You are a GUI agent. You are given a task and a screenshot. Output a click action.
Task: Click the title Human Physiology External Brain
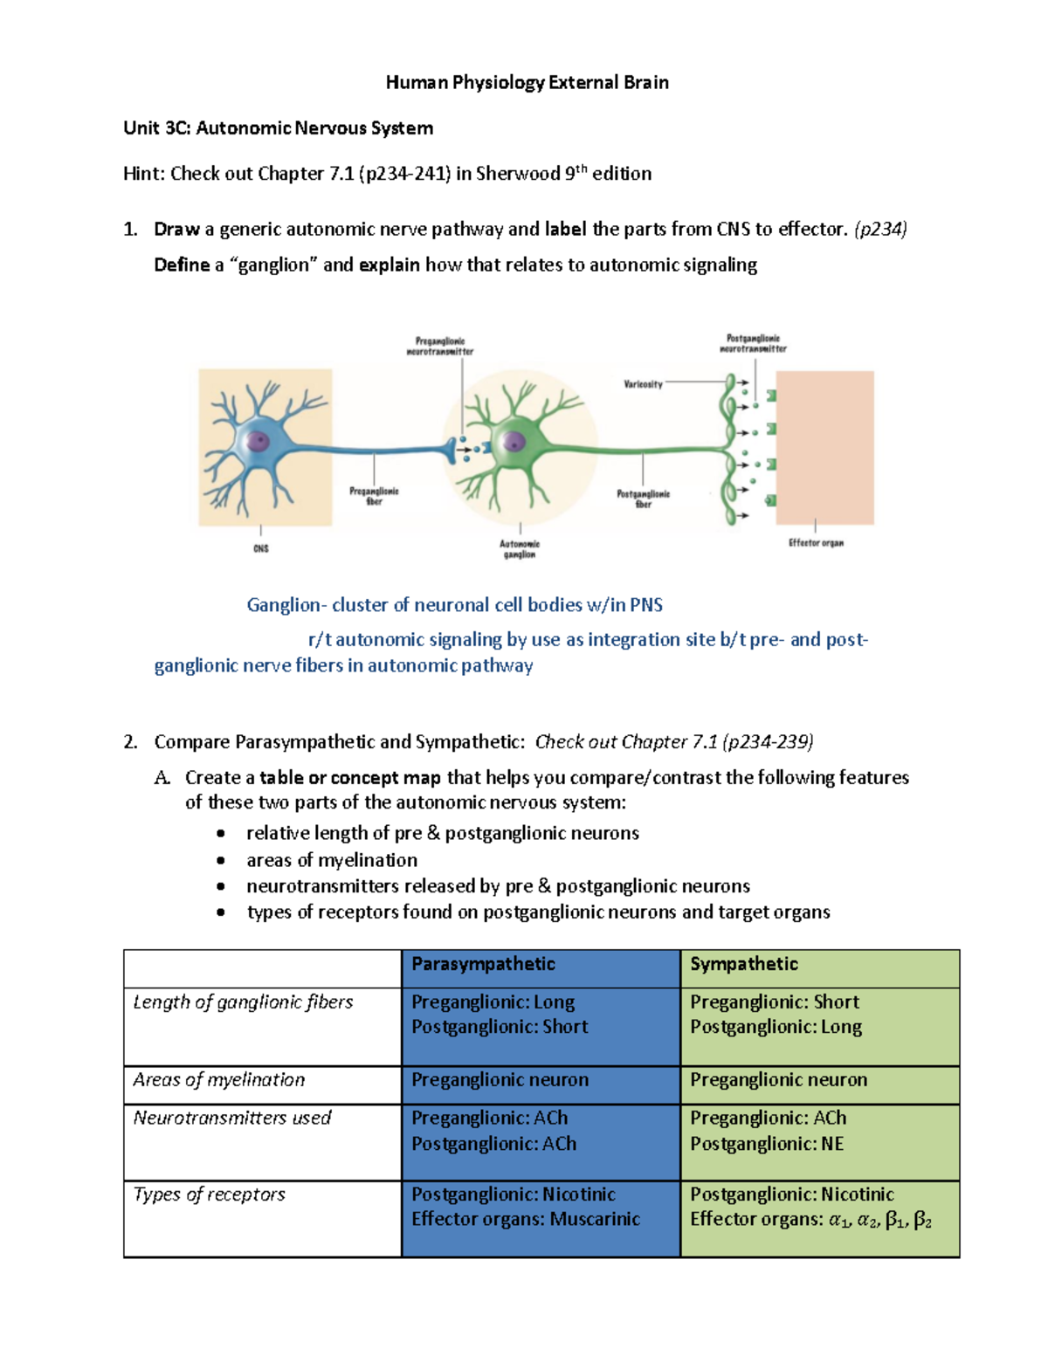[x=527, y=82]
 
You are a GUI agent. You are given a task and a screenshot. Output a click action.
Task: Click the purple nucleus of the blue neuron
[x=258, y=441]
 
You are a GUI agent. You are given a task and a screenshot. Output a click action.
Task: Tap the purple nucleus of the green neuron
[x=514, y=442]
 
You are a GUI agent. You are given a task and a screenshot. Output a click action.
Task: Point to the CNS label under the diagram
[x=261, y=548]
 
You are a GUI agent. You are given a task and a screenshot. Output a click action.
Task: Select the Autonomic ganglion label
[x=520, y=549]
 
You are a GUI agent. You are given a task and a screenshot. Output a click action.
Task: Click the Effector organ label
[x=816, y=543]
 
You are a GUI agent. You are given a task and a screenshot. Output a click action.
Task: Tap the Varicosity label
[x=643, y=384]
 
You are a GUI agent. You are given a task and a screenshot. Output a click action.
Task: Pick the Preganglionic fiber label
[x=374, y=496]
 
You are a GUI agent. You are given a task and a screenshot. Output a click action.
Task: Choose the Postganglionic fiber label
[x=643, y=499]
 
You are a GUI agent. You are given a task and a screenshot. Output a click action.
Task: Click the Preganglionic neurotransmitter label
[x=440, y=347]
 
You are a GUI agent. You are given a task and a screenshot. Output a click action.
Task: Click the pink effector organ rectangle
[x=824, y=447]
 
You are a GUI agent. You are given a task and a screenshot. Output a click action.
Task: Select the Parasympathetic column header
[x=483, y=964]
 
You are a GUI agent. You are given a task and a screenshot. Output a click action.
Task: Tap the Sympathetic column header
[x=744, y=964]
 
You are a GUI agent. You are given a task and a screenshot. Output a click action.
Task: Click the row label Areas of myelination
[x=219, y=1080]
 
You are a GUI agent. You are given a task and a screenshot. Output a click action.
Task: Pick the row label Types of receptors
[x=210, y=1194]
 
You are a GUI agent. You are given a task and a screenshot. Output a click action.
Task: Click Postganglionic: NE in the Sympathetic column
[x=767, y=1144]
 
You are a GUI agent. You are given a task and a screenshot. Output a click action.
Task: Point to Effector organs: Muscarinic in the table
[x=526, y=1220]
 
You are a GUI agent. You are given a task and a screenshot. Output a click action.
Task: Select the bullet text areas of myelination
[x=332, y=860]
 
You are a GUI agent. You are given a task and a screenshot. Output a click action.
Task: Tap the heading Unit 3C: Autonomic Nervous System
[x=278, y=128]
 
